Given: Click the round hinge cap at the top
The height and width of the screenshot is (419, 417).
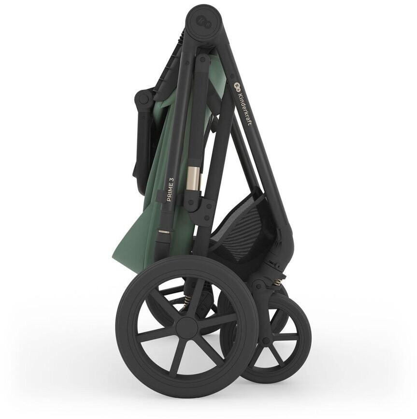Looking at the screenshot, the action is [203, 23].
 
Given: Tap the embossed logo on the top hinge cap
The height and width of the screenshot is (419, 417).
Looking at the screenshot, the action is [203, 23].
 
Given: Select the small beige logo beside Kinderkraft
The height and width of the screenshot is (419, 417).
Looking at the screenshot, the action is [236, 86].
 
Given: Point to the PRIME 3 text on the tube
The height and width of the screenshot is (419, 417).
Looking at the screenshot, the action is [171, 190].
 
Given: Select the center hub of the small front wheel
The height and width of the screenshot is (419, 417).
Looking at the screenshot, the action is [266, 341].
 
